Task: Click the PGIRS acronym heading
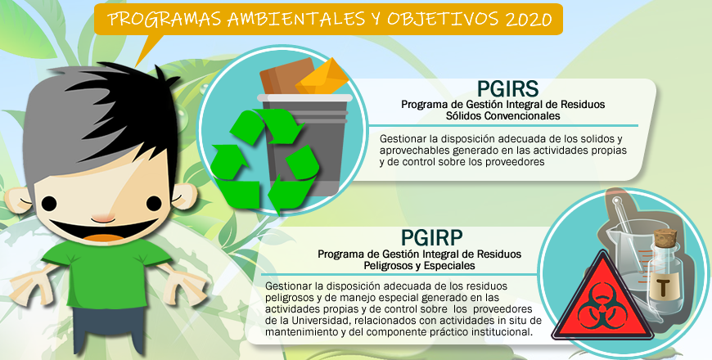tap(507, 89)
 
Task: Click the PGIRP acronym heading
tap(432, 237)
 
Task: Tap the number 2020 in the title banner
tap(529, 19)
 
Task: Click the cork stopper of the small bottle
tap(665, 237)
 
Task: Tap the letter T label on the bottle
tap(664, 287)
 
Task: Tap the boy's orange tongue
tap(105, 237)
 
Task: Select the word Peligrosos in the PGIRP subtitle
tap(388, 266)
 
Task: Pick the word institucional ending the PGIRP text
tap(502, 332)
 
